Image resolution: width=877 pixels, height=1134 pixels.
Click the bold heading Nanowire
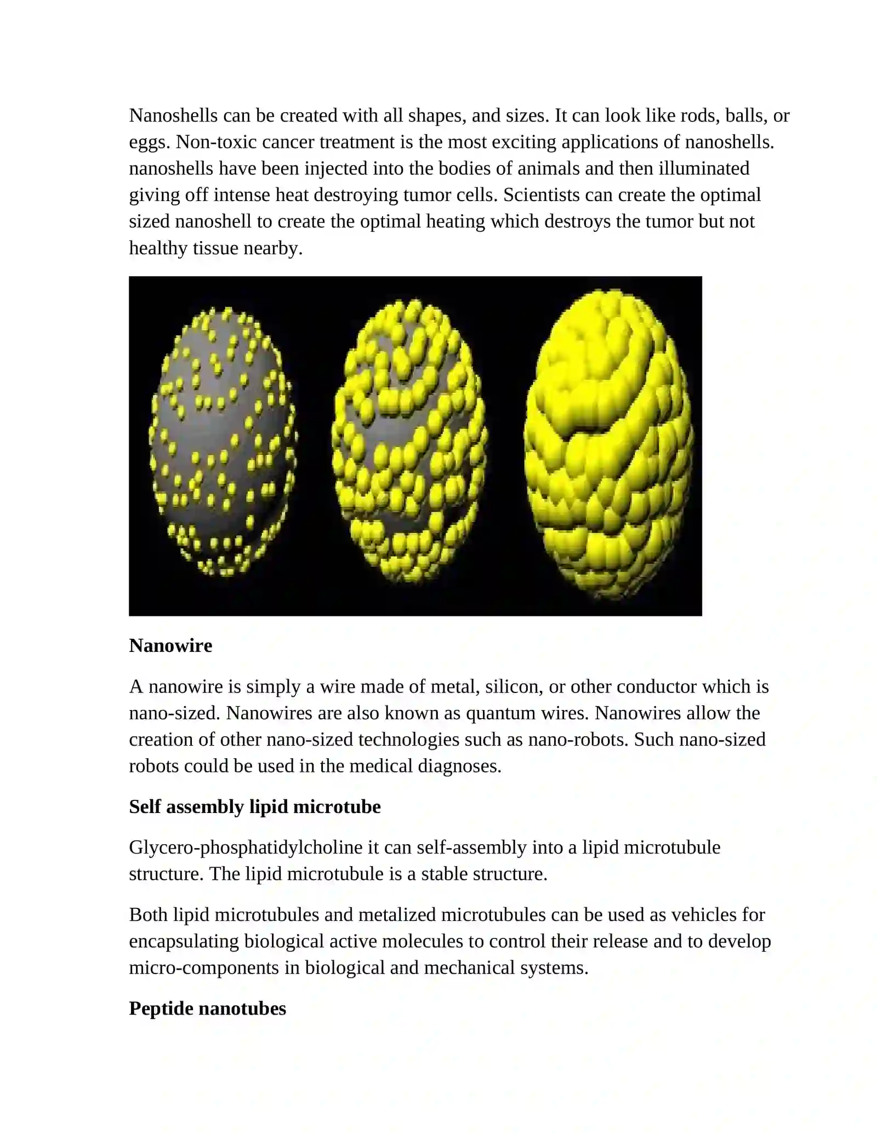click(170, 645)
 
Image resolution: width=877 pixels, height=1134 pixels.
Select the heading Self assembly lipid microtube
click(254, 806)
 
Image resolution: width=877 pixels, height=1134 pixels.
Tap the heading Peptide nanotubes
click(207, 1008)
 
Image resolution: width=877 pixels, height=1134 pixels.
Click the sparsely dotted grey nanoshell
click(223, 442)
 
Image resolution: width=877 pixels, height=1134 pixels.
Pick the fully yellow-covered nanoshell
click(607, 444)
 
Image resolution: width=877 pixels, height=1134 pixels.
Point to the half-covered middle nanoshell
click(409, 442)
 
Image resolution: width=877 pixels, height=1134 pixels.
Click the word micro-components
click(203, 968)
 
